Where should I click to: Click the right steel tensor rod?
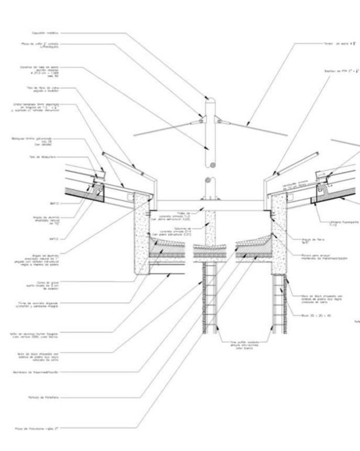[x=256, y=129]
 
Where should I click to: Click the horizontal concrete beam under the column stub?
[x=209, y=205]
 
